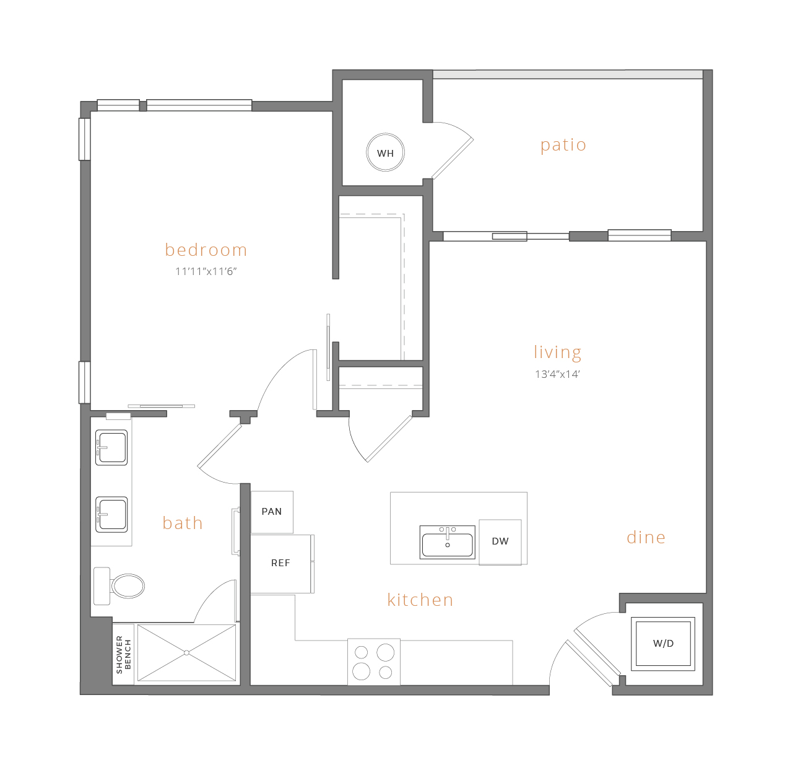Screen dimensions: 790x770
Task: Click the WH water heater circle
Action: pos(385,152)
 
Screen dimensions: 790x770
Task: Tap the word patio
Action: pos(563,145)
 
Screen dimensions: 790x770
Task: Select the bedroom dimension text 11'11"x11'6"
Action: pos(206,271)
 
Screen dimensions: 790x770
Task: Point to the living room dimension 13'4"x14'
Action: pos(557,374)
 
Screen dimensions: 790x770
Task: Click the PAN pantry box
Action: pos(272,512)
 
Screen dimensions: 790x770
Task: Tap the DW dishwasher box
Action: pos(500,542)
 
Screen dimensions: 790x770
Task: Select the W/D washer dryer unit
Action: pos(663,643)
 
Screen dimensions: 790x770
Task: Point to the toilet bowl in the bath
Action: pos(128,586)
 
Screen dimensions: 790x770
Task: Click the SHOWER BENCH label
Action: pos(123,654)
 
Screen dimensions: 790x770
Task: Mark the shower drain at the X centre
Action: pos(186,653)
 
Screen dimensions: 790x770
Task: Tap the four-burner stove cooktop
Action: pos(373,662)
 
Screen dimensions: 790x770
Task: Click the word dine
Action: pos(646,537)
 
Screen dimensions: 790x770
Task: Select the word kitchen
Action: pos(420,600)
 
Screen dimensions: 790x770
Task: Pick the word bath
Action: pos(182,523)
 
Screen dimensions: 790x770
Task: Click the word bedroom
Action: pos(206,250)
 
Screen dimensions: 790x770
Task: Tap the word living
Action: pos(557,352)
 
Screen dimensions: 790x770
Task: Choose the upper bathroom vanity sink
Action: pos(111,447)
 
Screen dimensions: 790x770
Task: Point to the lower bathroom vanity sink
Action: pos(111,514)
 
